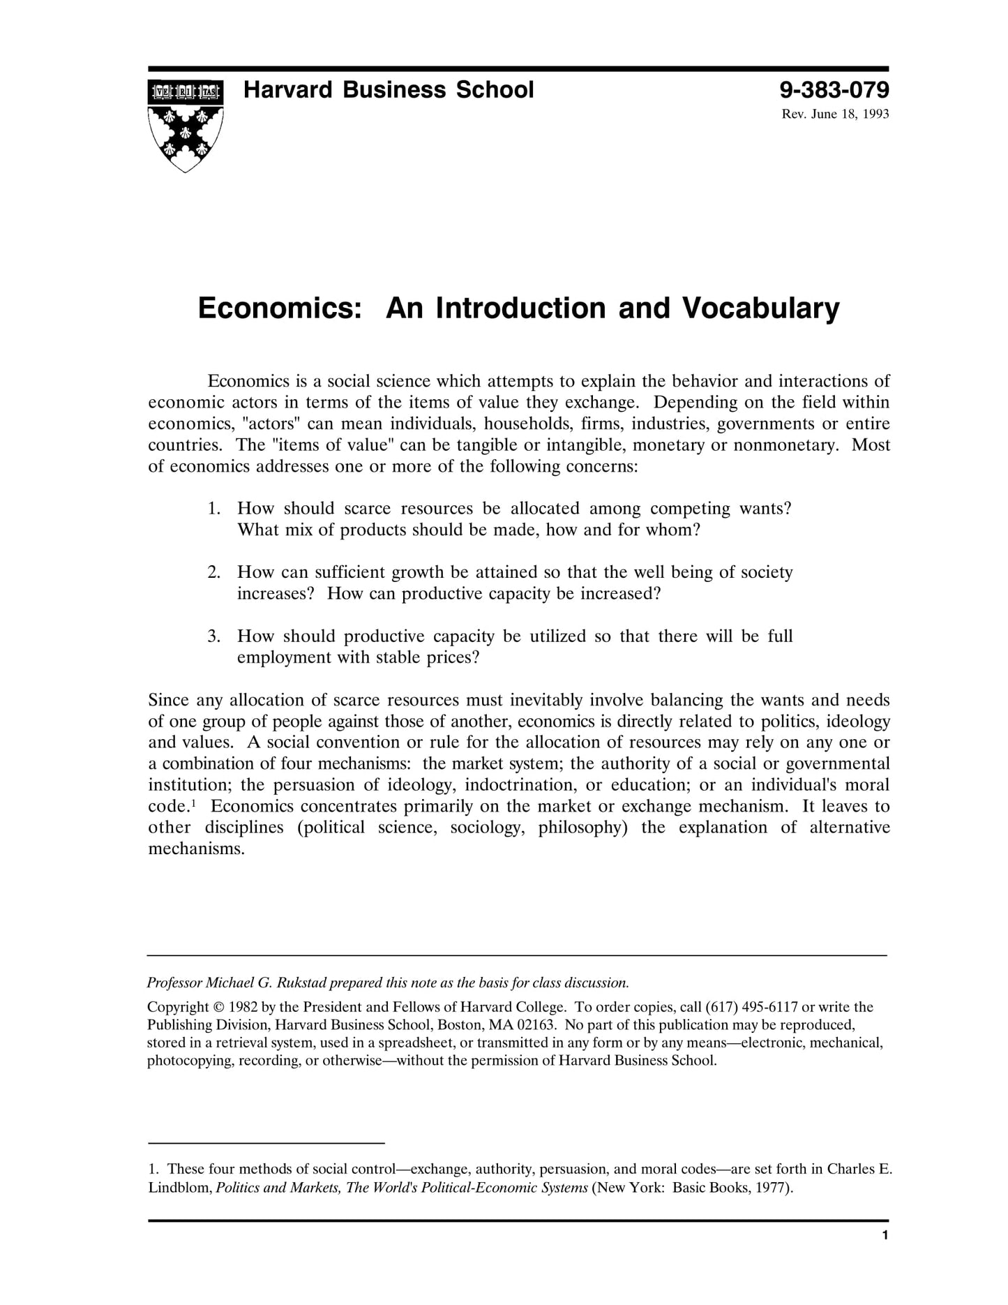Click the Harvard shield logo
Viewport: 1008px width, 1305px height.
point(186,125)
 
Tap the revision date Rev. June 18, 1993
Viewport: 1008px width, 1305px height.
point(835,114)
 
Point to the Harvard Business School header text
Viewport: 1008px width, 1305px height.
point(388,90)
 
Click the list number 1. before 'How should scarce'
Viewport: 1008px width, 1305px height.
point(214,509)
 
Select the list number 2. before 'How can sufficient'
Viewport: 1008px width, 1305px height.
point(214,572)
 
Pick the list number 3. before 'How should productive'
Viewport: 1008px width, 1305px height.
point(214,636)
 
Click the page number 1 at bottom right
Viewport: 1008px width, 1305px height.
point(885,1236)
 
